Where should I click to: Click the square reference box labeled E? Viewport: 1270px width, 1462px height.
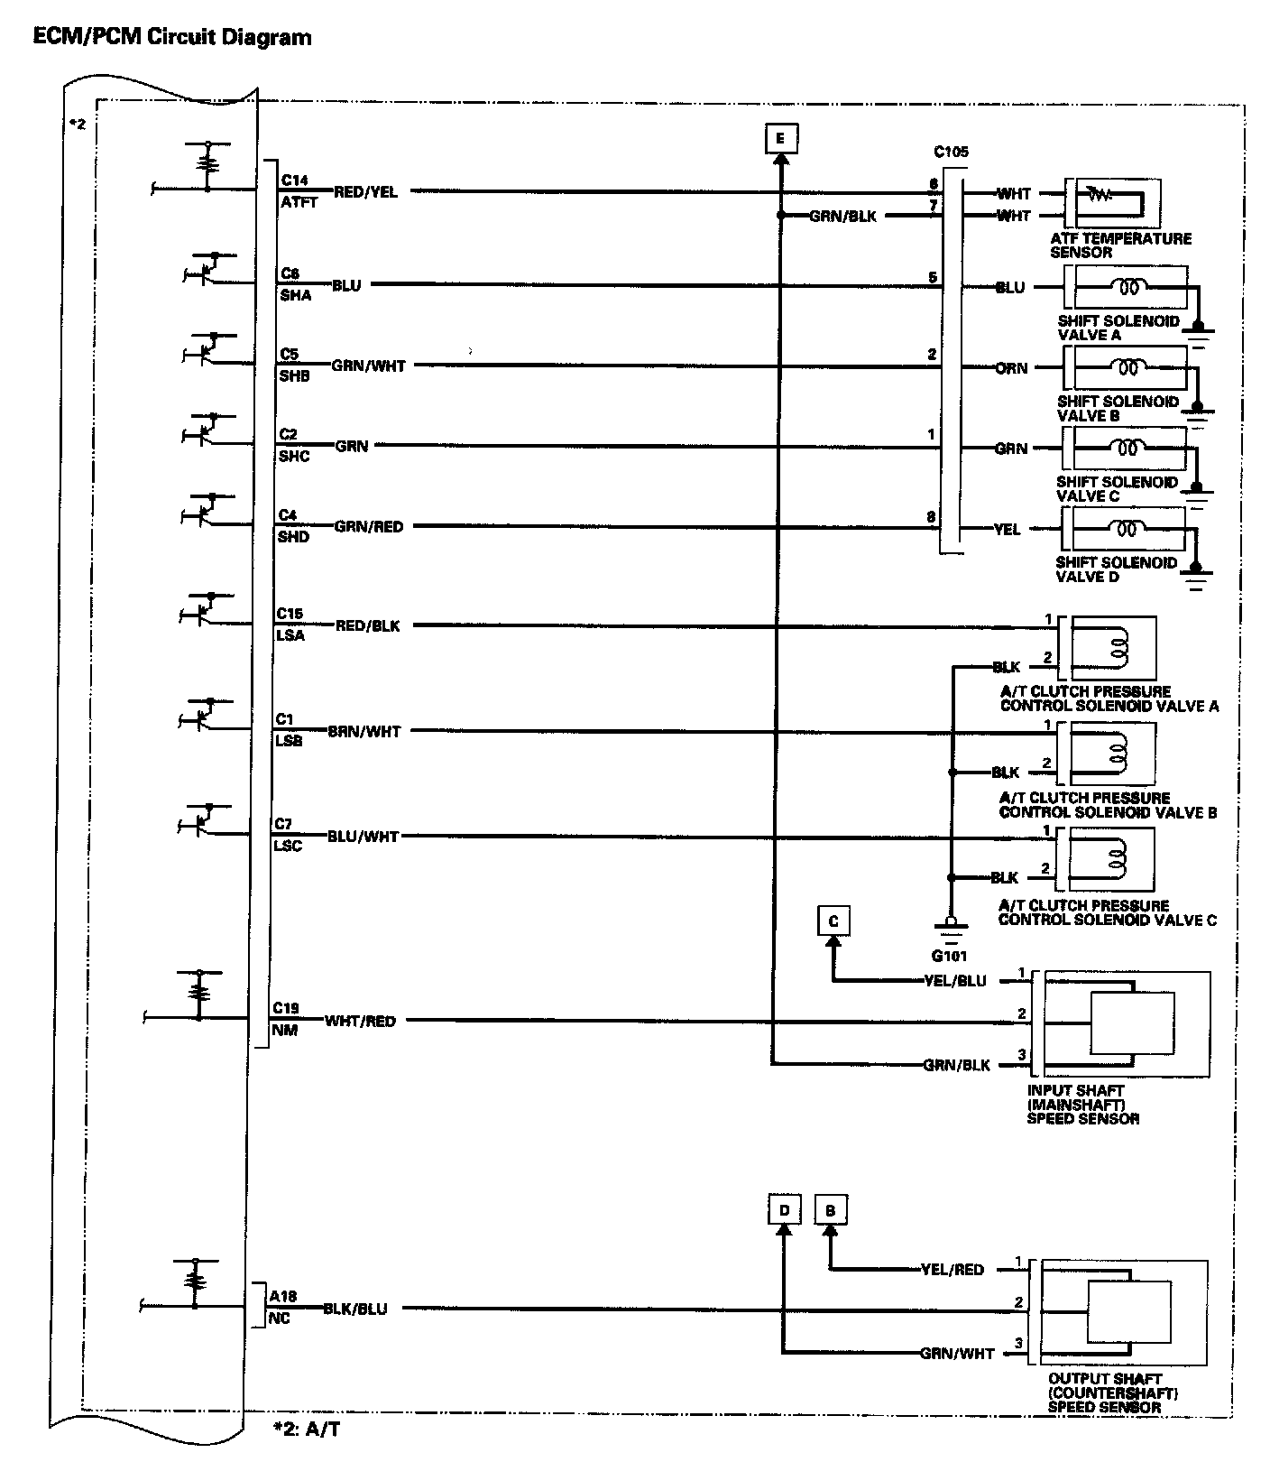click(x=779, y=138)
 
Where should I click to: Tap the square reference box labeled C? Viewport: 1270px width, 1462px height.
click(x=833, y=921)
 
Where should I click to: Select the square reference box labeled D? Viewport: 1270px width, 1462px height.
click(x=785, y=1210)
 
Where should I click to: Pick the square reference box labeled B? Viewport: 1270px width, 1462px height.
click(x=830, y=1210)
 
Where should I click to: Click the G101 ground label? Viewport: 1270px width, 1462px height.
click(x=950, y=956)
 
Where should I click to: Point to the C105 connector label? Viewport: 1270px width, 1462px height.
click(x=951, y=153)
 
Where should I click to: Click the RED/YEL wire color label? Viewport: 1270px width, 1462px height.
click(x=365, y=192)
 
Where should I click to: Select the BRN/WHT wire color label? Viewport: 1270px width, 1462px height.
click(x=364, y=732)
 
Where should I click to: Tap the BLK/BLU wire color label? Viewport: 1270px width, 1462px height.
click(x=355, y=1309)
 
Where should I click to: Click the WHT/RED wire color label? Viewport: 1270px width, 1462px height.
click(x=360, y=1022)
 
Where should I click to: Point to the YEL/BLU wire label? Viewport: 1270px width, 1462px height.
click(x=955, y=981)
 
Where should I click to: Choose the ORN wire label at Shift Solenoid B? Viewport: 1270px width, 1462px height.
click(x=1011, y=368)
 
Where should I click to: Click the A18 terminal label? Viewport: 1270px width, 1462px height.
click(x=282, y=1296)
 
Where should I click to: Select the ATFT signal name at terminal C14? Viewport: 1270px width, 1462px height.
click(x=299, y=203)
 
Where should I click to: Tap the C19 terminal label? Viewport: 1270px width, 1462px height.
click(x=286, y=1008)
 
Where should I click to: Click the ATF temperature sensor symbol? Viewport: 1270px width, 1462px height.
click(x=1112, y=202)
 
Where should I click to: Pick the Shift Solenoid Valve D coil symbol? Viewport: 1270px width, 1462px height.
click(x=1127, y=529)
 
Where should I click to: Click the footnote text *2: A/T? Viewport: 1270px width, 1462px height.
click(x=308, y=1429)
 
